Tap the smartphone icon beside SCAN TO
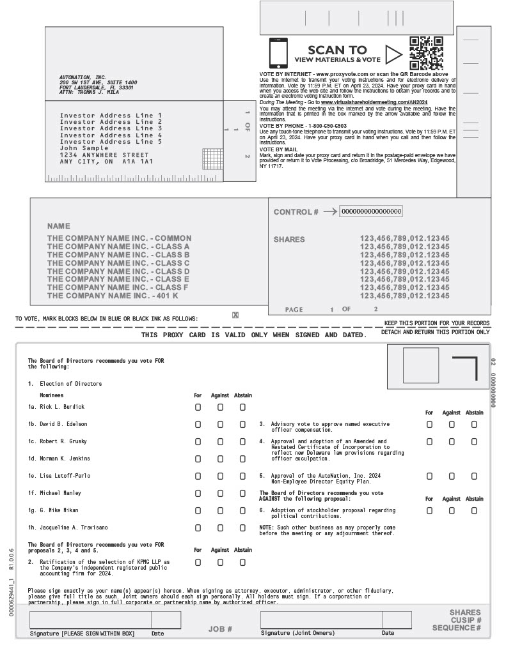(x=278, y=54)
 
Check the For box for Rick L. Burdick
(x=198, y=407)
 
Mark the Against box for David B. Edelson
(x=220, y=424)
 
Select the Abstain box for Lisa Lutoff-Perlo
(x=242, y=476)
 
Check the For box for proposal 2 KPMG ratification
(x=198, y=562)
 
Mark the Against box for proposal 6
(x=452, y=510)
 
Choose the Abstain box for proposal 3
(x=474, y=424)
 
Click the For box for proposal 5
(x=429, y=476)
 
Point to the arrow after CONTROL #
(x=330, y=211)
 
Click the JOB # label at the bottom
(x=220, y=629)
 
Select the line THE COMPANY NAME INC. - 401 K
(x=113, y=296)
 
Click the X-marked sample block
(x=235, y=315)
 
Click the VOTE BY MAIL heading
(x=278, y=149)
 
